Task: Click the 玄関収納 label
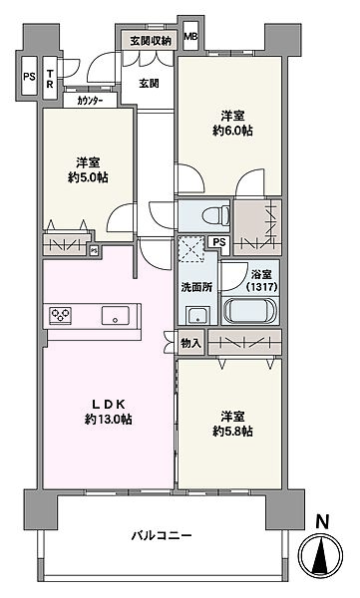coord(150,41)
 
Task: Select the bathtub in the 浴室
coord(250,311)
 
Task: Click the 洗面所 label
coord(195,287)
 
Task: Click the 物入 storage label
coord(189,343)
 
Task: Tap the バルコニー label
coord(163,535)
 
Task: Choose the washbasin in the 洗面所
coord(194,315)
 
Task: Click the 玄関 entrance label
coord(150,83)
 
